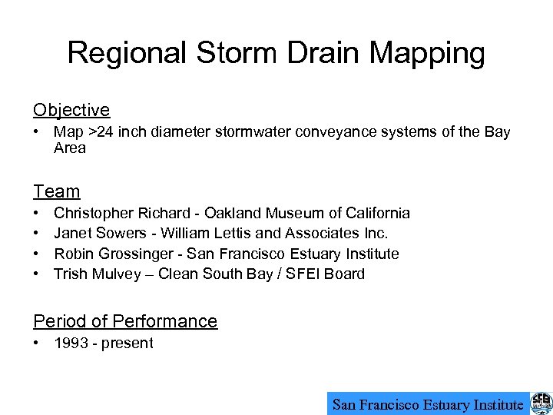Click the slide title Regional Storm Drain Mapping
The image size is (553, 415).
pos(276,53)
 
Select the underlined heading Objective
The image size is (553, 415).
pos(71,110)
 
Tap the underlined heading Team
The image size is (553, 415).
pos(57,191)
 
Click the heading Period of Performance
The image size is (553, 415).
pos(125,321)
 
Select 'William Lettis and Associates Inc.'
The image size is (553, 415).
pos(274,233)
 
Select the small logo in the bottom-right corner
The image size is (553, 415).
pos(541,403)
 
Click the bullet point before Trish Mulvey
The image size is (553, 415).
pos(37,274)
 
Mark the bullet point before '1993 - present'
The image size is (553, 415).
pos(37,343)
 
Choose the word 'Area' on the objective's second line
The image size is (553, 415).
pos(70,148)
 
